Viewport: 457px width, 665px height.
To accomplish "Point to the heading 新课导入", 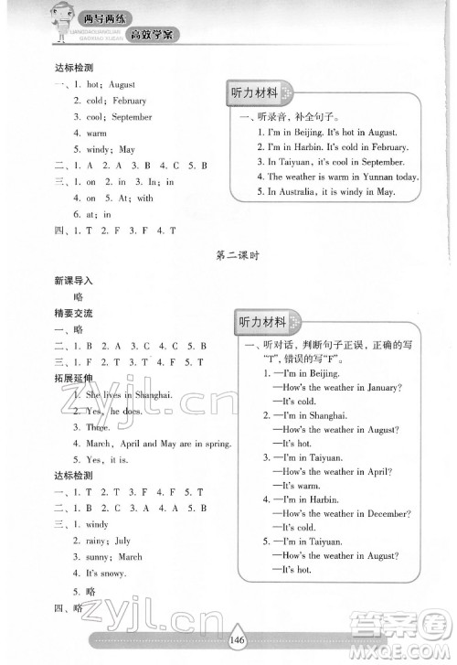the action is pos(73,283).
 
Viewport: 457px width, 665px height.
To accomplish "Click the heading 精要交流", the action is pos(73,313).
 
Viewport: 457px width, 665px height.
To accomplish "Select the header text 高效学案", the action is pos(152,35).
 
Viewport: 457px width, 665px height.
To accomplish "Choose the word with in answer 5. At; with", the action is pos(145,198).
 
